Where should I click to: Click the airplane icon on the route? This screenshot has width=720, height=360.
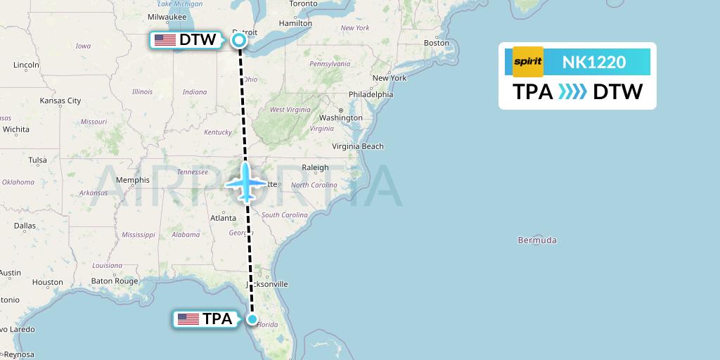[246, 183]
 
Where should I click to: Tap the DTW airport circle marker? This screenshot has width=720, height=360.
[239, 40]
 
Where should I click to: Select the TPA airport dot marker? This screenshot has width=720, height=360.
[252, 319]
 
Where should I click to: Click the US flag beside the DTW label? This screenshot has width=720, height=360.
[165, 40]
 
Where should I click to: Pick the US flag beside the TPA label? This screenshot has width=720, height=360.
[188, 319]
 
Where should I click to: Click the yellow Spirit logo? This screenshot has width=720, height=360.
[528, 62]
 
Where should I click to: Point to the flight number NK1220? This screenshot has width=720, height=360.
[594, 62]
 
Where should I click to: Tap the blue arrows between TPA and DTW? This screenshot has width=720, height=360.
[572, 92]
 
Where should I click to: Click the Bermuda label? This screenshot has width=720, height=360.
[537, 240]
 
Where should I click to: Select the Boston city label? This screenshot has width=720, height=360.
[436, 43]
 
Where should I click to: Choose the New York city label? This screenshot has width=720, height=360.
[390, 78]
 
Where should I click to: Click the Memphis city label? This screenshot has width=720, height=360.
[133, 180]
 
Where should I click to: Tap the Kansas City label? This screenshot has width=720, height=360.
[60, 101]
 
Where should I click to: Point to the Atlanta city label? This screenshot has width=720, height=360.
[223, 218]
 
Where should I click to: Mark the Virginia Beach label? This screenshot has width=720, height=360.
[358, 146]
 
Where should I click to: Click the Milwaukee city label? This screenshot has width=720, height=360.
[167, 16]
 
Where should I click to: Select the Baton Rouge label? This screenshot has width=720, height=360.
[114, 281]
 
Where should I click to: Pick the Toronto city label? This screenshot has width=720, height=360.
[304, 4]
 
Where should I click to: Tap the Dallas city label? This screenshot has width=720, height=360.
[24, 226]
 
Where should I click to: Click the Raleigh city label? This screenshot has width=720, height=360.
[315, 167]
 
